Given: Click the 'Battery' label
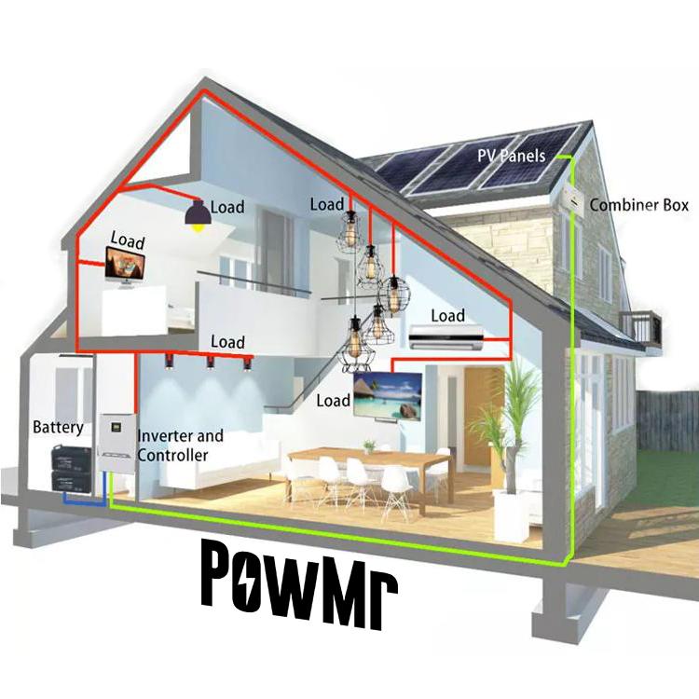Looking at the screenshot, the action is coord(58,428).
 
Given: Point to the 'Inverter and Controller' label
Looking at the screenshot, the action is coord(180,445).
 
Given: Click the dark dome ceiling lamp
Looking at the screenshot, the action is coord(197,215).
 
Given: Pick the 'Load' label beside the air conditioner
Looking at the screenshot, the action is coord(446,316).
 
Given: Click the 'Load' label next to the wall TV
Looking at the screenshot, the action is coord(333,401).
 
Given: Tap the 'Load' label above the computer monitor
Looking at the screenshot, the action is coord(128,240).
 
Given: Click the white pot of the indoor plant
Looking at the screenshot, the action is coord(512,512).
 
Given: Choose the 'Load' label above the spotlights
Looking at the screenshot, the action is coord(227,342).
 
